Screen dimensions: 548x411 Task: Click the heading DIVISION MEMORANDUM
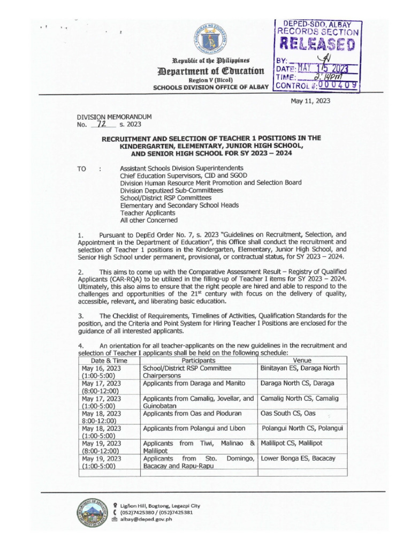point(115,117)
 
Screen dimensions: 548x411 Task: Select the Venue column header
point(302,360)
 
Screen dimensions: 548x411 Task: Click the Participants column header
point(199,360)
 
